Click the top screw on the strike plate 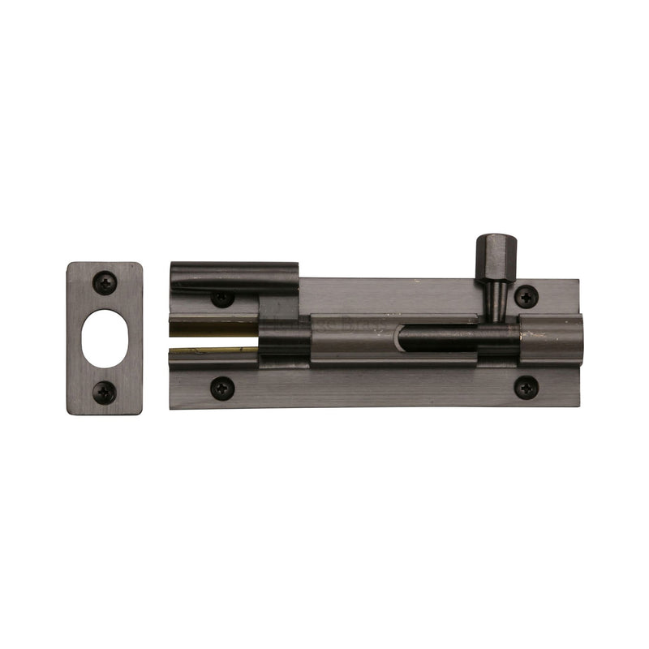(105, 282)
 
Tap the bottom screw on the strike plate (105, 393)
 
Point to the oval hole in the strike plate (105, 337)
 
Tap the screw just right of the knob (527, 296)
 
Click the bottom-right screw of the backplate (527, 387)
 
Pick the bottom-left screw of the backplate (222, 387)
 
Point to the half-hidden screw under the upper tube (222, 299)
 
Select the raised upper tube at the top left (235, 277)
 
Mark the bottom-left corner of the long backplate (171, 406)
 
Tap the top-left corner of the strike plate (69, 264)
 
